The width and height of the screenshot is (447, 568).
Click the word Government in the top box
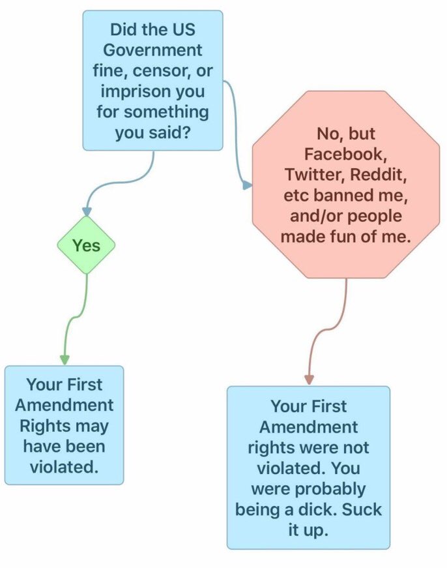pyautogui.click(x=153, y=50)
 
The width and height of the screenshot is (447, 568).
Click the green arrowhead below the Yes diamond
pyautogui.click(x=65, y=359)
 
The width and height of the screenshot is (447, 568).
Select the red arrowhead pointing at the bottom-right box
pyautogui.click(x=309, y=380)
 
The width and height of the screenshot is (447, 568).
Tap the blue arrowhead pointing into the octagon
pyautogui.click(x=247, y=186)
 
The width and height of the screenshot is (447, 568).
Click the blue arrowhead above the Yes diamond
pyautogui.click(x=86, y=212)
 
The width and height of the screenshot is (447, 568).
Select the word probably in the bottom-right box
pyautogui.click(x=335, y=488)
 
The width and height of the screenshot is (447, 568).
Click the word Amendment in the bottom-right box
pyautogui.click(x=308, y=426)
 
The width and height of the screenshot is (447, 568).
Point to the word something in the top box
pyautogui.click(x=167, y=112)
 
